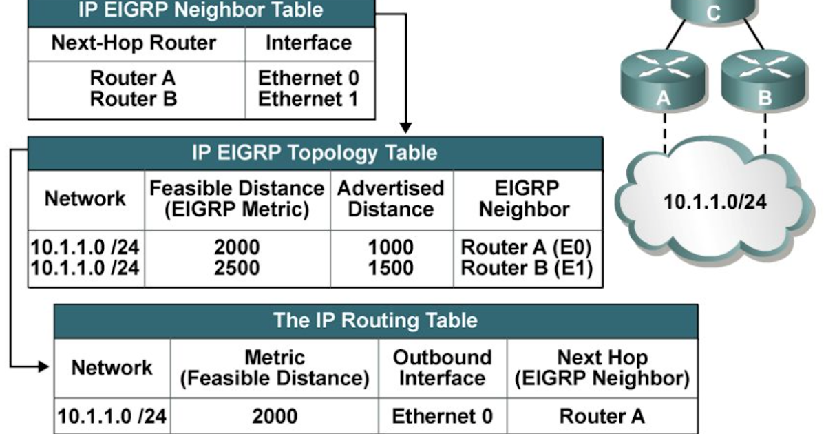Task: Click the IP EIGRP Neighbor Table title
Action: [x=201, y=11]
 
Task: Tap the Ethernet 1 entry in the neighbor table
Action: [x=308, y=99]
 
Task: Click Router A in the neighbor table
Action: [x=133, y=78]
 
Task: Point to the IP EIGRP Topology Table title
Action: [x=315, y=152]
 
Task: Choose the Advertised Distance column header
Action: [x=390, y=199]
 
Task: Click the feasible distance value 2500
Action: [x=237, y=268]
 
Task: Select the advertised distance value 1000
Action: [x=391, y=247]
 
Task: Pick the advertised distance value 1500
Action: [x=391, y=268]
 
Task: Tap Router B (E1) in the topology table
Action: [x=527, y=268]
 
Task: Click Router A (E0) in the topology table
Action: [x=527, y=247]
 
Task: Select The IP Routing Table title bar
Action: [x=375, y=320]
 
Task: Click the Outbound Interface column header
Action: [x=442, y=368]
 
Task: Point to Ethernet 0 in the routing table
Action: [x=442, y=416]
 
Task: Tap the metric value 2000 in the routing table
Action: [x=274, y=416]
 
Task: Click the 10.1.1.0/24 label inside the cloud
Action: [x=714, y=202]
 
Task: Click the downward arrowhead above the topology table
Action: [x=406, y=127]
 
